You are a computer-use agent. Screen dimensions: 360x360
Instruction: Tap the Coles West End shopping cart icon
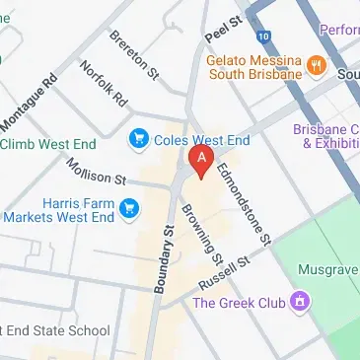[x=138, y=139]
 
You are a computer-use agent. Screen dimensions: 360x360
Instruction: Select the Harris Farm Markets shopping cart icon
[x=128, y=207]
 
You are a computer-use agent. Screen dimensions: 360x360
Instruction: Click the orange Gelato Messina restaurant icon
[x=317, y=66]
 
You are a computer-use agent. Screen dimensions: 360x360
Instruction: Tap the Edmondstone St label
[x=244, y=201]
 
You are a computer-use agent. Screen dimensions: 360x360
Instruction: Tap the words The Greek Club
[x=238, y=302]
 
